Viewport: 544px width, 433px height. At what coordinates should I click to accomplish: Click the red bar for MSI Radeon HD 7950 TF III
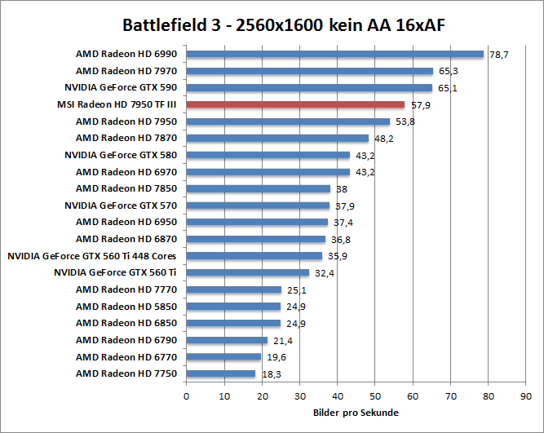pos(295,104)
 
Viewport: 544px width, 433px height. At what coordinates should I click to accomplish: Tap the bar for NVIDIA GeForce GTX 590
pos(309,87)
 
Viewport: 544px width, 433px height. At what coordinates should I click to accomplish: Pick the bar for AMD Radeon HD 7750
pos(221,373)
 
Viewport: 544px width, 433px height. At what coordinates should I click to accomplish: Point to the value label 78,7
pos(499,55)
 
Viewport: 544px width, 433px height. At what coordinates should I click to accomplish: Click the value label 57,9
pos(420,105)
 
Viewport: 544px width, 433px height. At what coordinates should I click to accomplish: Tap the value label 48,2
pos(384,139)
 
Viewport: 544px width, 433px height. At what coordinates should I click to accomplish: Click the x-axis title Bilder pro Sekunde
pos(356,413)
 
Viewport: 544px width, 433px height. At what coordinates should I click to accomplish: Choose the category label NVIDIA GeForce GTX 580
pos(120,155)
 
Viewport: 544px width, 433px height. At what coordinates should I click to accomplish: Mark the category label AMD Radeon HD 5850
pos(126,307)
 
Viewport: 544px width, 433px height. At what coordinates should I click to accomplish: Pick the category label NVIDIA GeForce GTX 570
pos(120,205)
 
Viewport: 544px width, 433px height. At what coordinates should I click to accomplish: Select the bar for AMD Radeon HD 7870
pos(277,138)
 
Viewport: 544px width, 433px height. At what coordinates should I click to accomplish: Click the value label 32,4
pos(325,273)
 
